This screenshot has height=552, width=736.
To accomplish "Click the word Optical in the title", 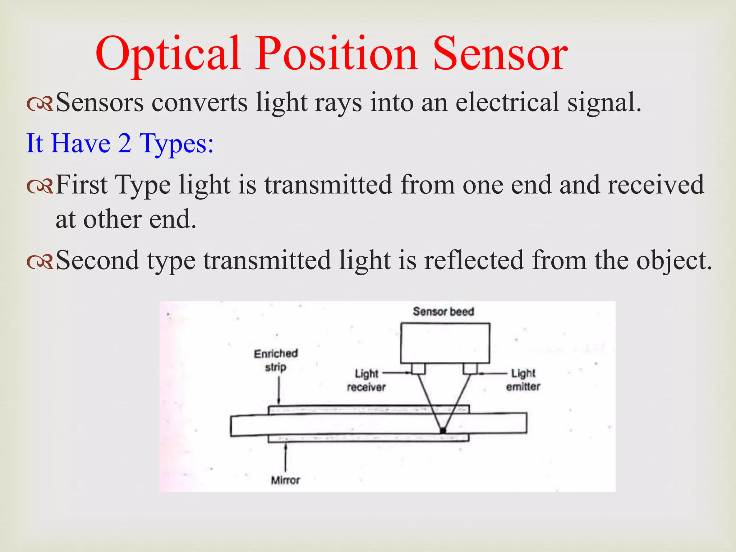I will click(167, 54).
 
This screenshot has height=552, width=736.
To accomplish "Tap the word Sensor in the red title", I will click(500, 54).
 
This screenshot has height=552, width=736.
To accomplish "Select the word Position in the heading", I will click(336, 54).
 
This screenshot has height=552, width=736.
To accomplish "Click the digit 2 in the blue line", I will click(124, 143).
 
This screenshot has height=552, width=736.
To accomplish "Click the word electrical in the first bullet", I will click(507, 102).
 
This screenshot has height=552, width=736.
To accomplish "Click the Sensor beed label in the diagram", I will click(443, 312).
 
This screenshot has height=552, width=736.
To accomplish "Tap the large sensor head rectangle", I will click(445, 343).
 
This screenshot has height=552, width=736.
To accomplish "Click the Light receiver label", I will click(366, 380).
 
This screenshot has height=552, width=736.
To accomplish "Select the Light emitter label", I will click(523, 380).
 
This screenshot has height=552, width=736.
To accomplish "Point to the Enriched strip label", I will click(276, 360).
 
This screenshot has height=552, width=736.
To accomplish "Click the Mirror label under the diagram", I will click(285, 480).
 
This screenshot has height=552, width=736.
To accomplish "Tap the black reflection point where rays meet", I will click(443, 431).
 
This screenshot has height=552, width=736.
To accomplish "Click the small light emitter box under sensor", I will click(470, 369).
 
